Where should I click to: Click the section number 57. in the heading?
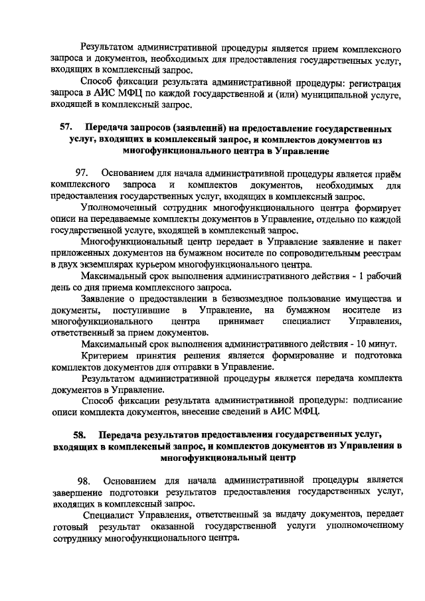tap(64, 128)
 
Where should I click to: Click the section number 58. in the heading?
tap(79, 436)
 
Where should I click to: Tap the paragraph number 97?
tap(83, 172)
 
